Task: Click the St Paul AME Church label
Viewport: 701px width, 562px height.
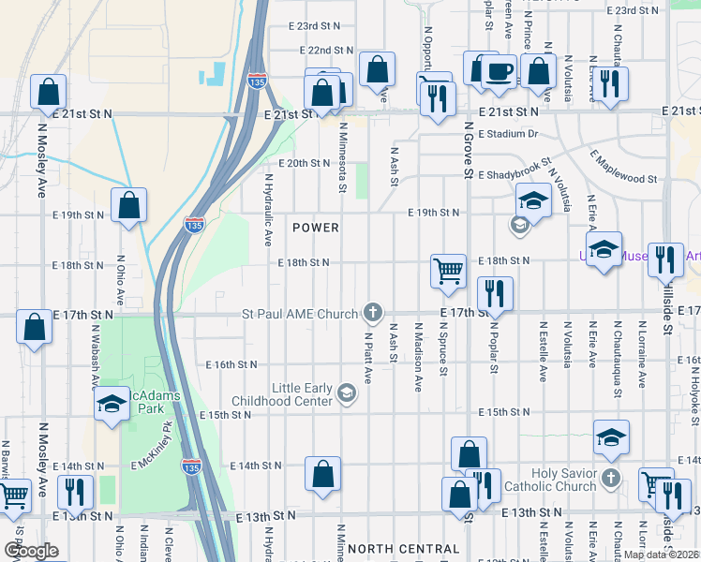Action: click(x=300, y=314)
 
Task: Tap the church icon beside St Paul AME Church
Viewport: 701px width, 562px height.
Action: click(x=373, y=313)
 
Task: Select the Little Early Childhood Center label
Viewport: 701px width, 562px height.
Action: click(x=302, y=394)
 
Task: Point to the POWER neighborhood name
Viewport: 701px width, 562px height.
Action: click(x=315, y=228)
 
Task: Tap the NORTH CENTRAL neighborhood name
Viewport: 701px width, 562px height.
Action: click(x=403, y=549)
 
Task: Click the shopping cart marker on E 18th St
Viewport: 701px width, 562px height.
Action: click(x=449, y=270)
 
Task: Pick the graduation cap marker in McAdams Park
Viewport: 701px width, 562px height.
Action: click(x=111, y=405)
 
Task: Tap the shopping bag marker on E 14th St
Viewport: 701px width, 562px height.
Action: click(x=322, y=474)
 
